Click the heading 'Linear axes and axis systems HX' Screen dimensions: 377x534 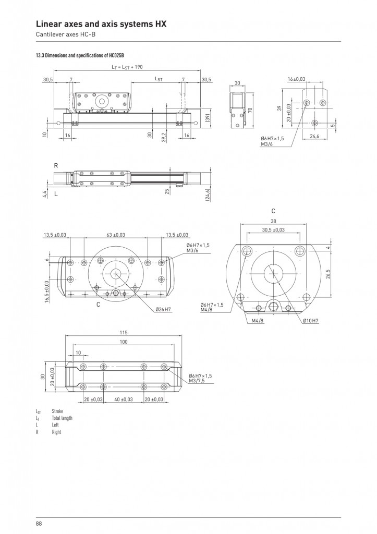[101, 24]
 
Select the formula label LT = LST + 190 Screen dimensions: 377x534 [127, 67]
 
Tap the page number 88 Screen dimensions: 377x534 [39, 524]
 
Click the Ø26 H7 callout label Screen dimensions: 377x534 [163, 309]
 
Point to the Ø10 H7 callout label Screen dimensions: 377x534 [311, 321]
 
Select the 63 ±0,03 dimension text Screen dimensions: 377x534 [116, 235]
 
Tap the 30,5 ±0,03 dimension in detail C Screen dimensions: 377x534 [273, 230]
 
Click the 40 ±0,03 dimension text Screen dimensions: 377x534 [123, 399]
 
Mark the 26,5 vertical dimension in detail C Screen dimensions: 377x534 [327, 274]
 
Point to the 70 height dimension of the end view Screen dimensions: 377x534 [250, 111]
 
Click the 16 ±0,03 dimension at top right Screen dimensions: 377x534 [297, 79]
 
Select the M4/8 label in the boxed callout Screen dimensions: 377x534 [258, 321]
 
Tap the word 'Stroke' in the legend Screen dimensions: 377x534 [57, 411]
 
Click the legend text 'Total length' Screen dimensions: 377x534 [62, 418]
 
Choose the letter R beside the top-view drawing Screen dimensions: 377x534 [56, 166]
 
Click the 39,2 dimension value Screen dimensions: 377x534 [164, 137]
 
